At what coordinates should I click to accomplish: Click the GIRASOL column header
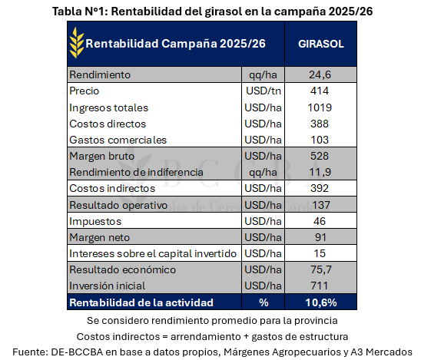coord(320,44)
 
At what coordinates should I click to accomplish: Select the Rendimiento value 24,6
coord(320,75)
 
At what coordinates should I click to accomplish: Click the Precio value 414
coord(320,91)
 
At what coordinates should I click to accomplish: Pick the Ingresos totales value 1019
coord(320,107)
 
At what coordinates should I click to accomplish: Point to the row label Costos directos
coord(108,124)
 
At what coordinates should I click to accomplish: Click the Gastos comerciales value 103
coord(320,140)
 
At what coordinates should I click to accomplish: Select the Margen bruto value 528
coord(320,157)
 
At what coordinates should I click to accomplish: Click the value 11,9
coord(320,172)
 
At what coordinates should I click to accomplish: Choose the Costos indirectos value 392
coord(320,189)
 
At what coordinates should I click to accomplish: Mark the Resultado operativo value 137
coord(320,206)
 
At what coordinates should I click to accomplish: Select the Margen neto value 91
coord(320,238)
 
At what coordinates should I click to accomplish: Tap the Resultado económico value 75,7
coord(320,270)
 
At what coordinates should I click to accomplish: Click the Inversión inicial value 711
coord(320,286)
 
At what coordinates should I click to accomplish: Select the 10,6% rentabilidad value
coord(320,303)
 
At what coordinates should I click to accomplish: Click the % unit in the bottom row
coord(262,303)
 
